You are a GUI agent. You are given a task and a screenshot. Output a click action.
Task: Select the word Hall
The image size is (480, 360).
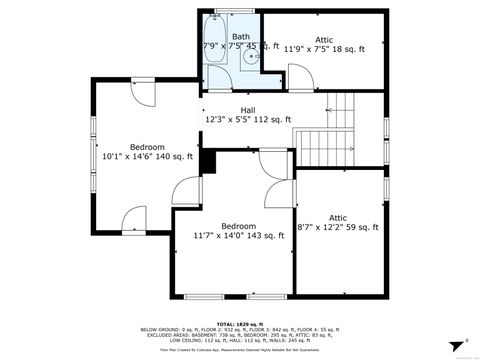248,110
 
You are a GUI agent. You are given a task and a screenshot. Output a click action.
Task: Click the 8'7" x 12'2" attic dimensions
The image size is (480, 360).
338,227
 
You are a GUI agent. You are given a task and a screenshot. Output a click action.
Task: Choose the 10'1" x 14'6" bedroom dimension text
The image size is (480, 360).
147,156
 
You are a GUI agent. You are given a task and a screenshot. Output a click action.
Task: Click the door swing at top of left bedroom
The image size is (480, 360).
144,91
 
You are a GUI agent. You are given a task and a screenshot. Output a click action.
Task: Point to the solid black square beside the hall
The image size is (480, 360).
208,160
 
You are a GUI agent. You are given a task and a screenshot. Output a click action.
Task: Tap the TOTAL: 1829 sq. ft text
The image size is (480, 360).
240,323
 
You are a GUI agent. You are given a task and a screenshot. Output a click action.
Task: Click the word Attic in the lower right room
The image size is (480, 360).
338,217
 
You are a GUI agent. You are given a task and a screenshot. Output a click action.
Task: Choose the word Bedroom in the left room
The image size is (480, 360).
147,146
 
